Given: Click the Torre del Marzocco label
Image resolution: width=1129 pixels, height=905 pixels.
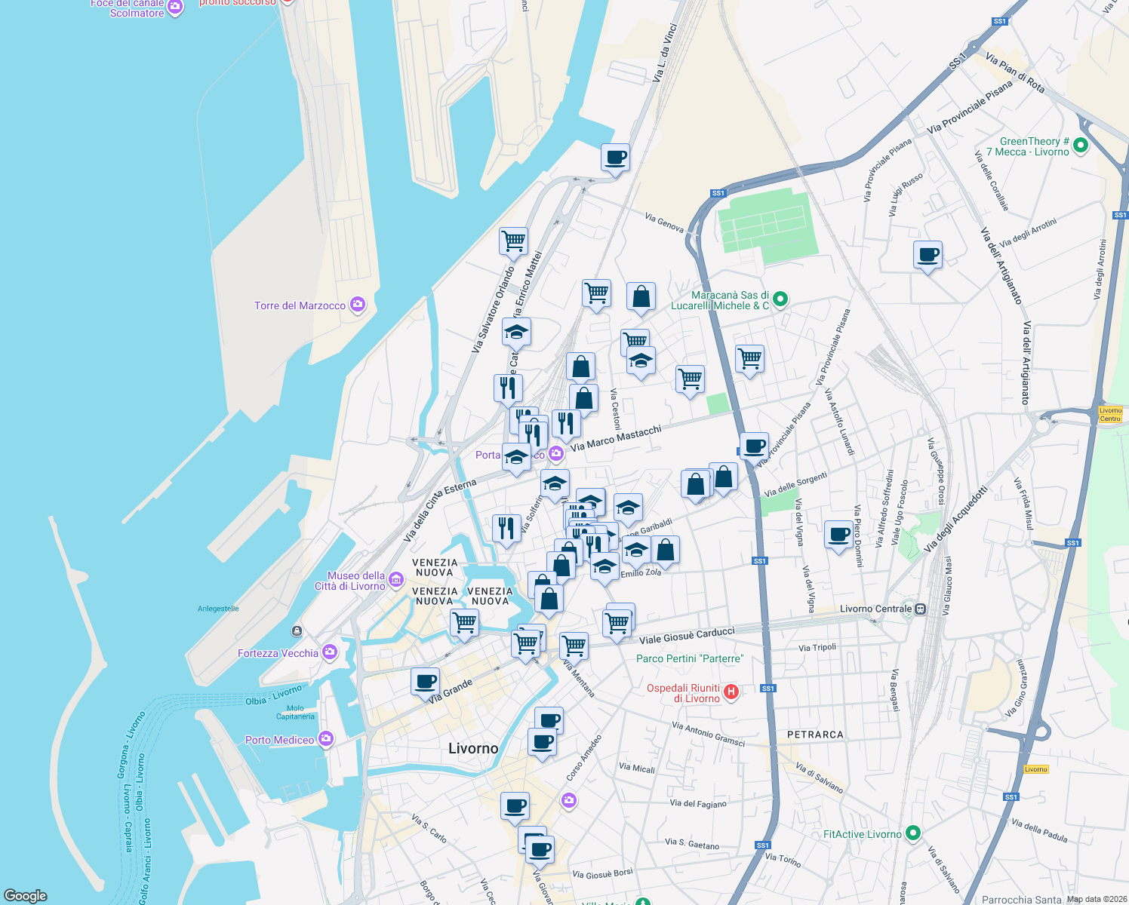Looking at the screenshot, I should tap(300, 305).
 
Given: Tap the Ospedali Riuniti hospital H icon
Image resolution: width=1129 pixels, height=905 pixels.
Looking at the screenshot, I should tap(731, 692).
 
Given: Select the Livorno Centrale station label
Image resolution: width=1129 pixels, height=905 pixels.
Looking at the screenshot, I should tap(875, 609).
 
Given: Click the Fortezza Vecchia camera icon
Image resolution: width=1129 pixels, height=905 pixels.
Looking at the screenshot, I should tap(330, 652).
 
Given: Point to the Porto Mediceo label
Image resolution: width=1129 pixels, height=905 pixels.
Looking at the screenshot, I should tap(279, 740).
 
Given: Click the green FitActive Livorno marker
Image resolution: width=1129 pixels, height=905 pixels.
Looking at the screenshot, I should tap(913, 833).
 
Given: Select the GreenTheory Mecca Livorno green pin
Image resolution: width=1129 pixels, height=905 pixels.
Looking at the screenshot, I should tap(1081, 146).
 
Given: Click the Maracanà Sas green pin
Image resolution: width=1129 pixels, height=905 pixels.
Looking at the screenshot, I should tap(780, 299).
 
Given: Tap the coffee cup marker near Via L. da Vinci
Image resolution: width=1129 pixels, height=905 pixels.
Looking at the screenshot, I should tap(615, 158).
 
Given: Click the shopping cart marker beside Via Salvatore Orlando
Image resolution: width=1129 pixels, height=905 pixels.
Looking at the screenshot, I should tap(513, 241).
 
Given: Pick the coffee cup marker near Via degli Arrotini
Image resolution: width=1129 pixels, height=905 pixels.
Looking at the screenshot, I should tap(928, 255).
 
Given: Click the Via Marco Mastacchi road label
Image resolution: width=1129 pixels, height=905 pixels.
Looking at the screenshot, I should tap(616, 438).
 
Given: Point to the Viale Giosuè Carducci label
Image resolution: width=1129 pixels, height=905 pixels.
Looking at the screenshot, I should tap(687, 635).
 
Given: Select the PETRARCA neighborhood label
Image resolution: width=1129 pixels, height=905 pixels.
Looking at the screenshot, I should tap(815, 734).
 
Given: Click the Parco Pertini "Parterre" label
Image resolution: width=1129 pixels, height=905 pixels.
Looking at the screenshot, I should tap(689, 658).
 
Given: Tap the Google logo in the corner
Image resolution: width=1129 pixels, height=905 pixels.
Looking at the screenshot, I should tap(25, 895).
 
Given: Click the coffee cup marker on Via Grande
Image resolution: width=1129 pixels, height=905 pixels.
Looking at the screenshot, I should tap(425, 682).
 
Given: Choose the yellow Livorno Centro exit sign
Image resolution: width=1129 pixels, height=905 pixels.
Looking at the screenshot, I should tap(1110, 414).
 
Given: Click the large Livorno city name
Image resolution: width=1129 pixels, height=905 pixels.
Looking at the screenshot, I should tap(473, 748).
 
